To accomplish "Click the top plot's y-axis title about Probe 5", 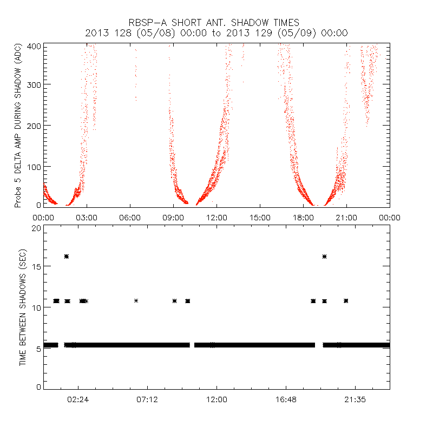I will (x=18, y=126).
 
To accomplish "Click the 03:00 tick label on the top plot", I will (x=87, y=218).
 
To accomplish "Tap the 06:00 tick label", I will (x=130, y=218).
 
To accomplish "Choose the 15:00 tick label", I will (x=260, y=218).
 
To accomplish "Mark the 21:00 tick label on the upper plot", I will (x=346, y=218).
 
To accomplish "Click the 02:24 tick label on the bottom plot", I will (x=78, y=399).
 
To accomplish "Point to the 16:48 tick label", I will (x=286, y=399).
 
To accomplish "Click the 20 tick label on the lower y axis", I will (x=36, y=228).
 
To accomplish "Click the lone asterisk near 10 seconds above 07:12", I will (x=136, y=300).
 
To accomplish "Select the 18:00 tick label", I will (x=303, y=218).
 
